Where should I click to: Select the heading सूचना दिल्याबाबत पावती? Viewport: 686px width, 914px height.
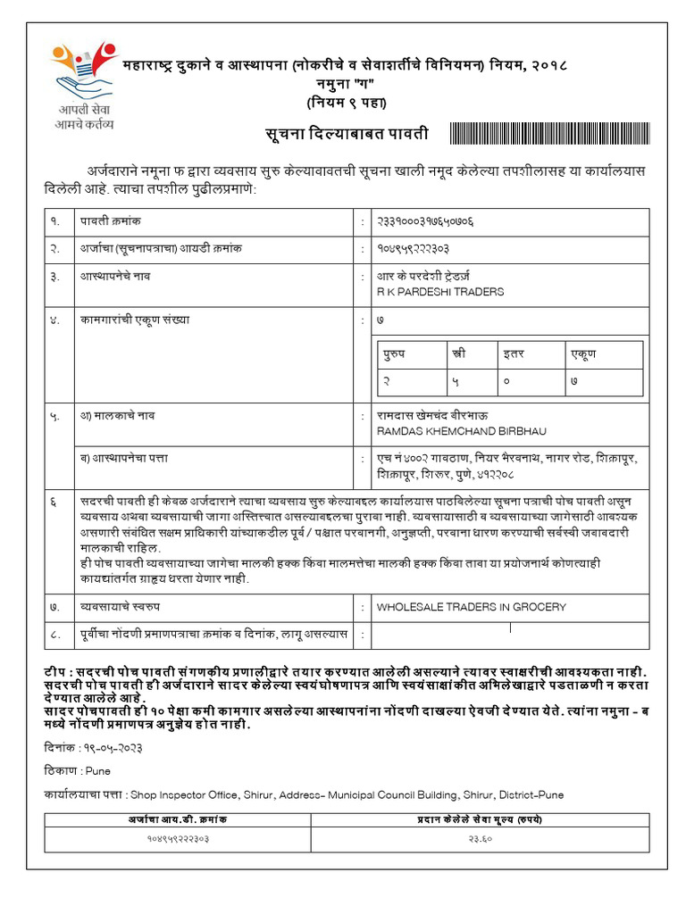347,134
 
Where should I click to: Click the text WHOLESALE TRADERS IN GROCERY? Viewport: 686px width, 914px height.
471,607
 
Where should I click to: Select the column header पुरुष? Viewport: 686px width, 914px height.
395,354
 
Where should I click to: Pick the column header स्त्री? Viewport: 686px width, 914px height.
459,354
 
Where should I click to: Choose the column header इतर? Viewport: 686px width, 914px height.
513,354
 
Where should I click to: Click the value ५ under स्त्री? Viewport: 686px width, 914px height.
456,381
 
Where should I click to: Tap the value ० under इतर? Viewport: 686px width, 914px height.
506,381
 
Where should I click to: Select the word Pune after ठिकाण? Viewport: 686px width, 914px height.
98,770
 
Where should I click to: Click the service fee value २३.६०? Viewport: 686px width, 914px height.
480,838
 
